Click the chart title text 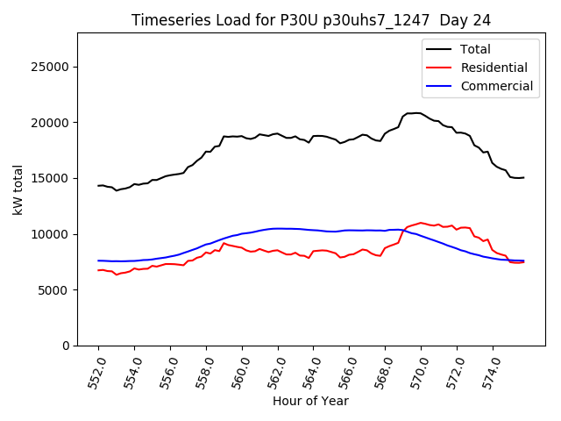pyautogui.click(x=311, y=19)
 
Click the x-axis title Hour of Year pyautogui.click(x=310, y=401)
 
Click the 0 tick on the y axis pyautogui.click(x=66, y=346)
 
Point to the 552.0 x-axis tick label pyautogui.click(x=96, y=371)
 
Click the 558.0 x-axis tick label pyautogui.click(x=203, y=371)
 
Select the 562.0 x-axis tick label pyautogui.click(x=275, y=371)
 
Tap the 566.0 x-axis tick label pyautogui.click(x=346, y=371)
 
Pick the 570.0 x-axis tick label pyautogui.click(x=418, y=371)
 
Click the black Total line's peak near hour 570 pyautogui.click(x=417, y=112)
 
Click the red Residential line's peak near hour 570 pyautogui.click(x=421, y=223)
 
